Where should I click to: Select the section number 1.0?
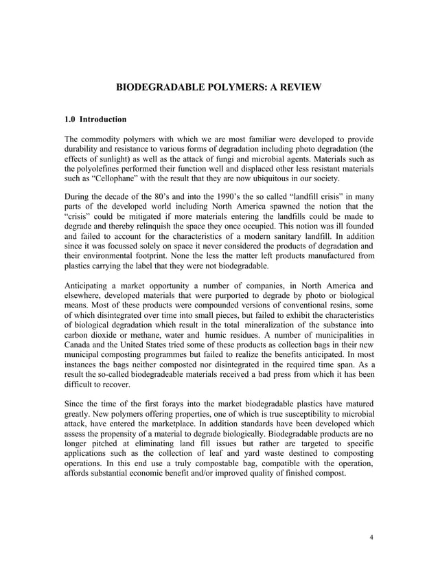point(70,119)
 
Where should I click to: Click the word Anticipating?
point(89,284)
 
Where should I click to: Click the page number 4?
point(371,537)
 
